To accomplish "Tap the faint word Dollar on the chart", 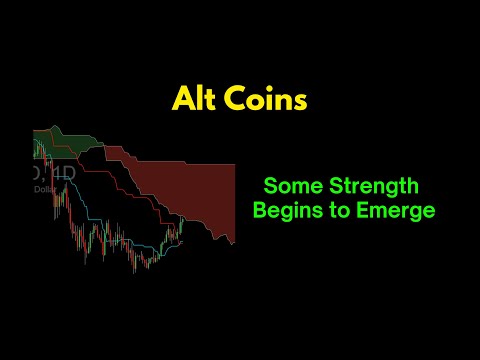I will pos(45,188).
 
